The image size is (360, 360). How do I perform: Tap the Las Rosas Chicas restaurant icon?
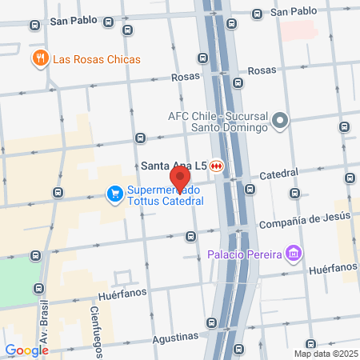click(39, 58)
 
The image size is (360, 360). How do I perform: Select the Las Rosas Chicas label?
click(96, 59)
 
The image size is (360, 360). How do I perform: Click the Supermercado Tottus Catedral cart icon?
click(114, 194)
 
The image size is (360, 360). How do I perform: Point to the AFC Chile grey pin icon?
click(279, 122)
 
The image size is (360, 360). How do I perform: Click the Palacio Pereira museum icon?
click(294, 254)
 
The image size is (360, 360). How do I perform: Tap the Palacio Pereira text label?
click(244, 254)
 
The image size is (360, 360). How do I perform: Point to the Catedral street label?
click(279, 173)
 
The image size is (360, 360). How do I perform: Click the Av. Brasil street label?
click(42, 321)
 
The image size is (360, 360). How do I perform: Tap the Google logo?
click(26, 350)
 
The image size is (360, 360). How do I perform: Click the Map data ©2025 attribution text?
click(325, 353)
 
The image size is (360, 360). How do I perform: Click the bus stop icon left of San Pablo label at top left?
click(34, 26)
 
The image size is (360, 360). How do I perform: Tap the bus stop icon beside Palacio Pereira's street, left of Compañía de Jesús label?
click(190, 236)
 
